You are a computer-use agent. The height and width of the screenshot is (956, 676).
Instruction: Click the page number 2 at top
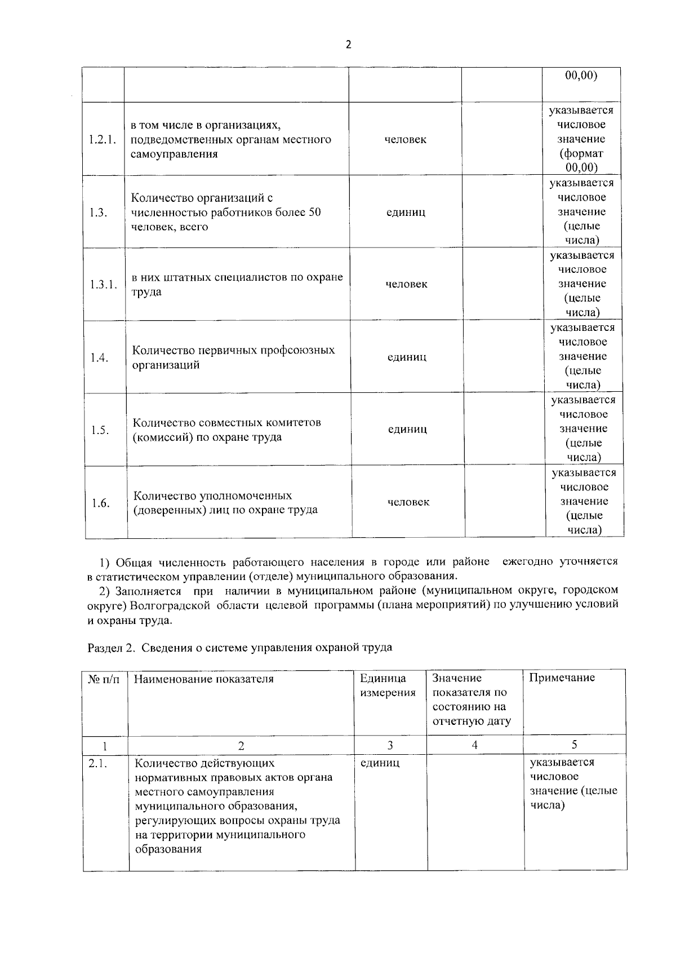[348, 45]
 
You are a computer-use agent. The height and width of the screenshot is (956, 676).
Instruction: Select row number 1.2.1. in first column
[103, 140]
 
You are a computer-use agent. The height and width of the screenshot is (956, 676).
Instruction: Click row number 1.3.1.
[104, 285]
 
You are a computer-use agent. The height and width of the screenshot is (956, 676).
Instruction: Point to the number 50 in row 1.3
[314, 213]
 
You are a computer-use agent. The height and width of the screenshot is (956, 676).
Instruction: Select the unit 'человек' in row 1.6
[408, 502]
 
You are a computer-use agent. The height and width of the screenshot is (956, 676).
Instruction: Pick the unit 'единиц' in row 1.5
[407, 430]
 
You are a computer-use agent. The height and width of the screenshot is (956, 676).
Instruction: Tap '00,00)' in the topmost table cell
[581, 76]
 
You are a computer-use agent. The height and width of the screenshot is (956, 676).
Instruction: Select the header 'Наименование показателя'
[204, 679]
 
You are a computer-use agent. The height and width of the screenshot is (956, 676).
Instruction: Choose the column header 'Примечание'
[562, 678]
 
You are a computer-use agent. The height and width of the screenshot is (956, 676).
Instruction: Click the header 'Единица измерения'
[388, 685]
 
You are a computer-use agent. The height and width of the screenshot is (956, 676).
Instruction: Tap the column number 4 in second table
[475, 745]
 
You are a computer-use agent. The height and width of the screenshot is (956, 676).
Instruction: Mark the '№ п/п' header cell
[104, 679]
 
